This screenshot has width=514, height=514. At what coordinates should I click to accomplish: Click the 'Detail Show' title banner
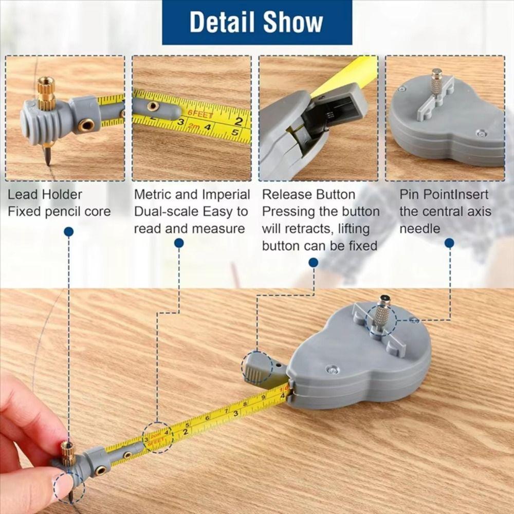tap(256, 22)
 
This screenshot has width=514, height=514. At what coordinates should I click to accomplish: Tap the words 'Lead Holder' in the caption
tap(45, 195)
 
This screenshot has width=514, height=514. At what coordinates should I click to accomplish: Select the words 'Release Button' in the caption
tap(308, 195)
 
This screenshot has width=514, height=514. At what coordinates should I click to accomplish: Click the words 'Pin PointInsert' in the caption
tap(444, 195)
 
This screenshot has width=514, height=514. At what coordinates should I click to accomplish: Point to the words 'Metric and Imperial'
tap(192, 195)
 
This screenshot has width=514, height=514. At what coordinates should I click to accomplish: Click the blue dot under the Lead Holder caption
tap(68, 232)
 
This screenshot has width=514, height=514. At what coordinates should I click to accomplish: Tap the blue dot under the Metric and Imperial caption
tap(179, 243)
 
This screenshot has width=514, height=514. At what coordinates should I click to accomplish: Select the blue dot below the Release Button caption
tap(313, 263)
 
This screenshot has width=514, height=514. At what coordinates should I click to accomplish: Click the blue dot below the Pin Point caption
tap(449, 243)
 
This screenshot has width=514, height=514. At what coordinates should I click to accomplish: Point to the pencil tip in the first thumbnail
tap(47, 157)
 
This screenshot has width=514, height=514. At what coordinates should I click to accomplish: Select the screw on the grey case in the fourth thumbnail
tap(481, 133)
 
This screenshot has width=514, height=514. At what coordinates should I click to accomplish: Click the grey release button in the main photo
tap(257, 368)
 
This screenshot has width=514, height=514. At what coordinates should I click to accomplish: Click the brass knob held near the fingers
tap(68, 453)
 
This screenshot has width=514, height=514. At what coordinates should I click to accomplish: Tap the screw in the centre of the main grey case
tap(332, 369)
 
